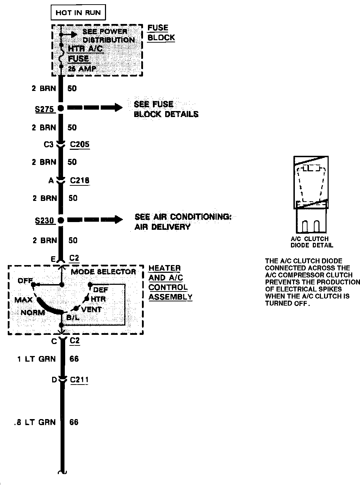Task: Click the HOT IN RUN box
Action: [78, 13]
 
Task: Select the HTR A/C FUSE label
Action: [85, 53]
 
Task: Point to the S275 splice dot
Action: [61, 108]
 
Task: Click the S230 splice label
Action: [44, 221]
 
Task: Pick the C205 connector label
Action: [80, 144]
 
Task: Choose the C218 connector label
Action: [80, 180]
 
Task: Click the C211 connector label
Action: [79, 380]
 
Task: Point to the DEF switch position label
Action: [101, 290]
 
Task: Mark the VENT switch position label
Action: [91, 309]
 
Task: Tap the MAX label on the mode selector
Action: [24, 300]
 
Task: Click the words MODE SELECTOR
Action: [103, 272]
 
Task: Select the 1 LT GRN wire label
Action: [37, 359]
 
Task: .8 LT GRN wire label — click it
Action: [35, 422]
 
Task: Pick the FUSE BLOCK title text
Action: [161, 33]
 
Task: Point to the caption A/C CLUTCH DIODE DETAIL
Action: [312, 242]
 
